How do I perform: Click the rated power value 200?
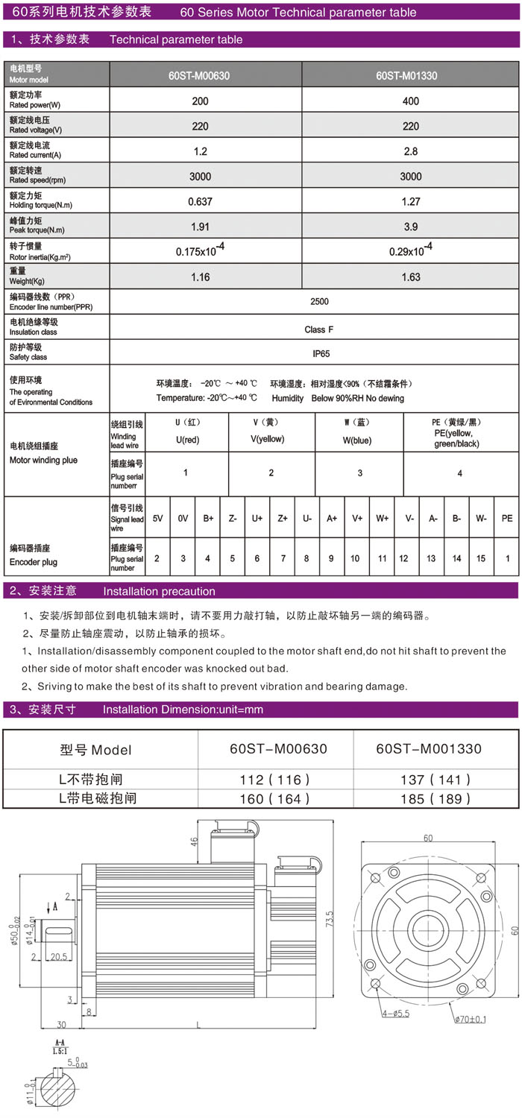click(x=200, y=101)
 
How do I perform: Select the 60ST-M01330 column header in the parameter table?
click(x=406, y=75)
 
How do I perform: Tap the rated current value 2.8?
click(x=410, y=151)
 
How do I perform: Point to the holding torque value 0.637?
click(x=200, y=201)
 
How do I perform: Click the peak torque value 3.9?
click(x=410, y=227)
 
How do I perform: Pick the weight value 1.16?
click(x=200, y=277)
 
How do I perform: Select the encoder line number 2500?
click(x=319, y=302)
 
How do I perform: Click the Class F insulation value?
click(x=319, y=329)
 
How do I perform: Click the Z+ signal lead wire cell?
click(x=283, y=517)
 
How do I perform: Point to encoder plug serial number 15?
click(x=481, y=558)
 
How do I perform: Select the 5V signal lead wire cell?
click(x=157, y=517)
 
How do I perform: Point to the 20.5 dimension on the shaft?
click(x=59, y=955)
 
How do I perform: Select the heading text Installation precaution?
click(x=159, y=591)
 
